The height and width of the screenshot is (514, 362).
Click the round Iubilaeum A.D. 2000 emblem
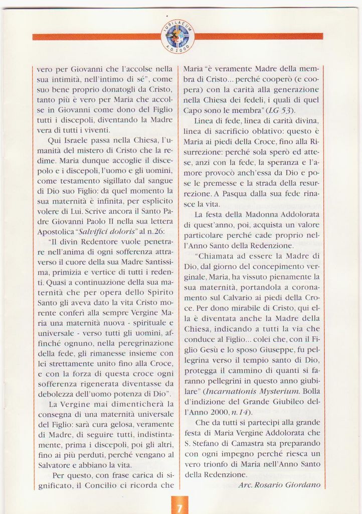(x=177, y=36)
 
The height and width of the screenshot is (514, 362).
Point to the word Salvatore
(x=56, y=465)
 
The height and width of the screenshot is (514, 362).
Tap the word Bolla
(x=311, y=391)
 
